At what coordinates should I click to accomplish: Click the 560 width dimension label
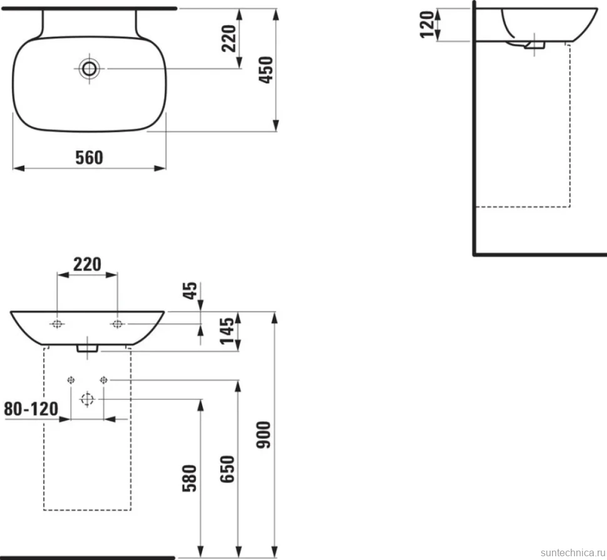click(x=89, y=158)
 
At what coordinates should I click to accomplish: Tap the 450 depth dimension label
click(x=266, y=70)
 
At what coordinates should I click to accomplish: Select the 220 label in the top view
click(x=229, y=38)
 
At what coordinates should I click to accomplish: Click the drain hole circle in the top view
click(x=89, y=69)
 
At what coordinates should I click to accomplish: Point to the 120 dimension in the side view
click(x=427, y=24)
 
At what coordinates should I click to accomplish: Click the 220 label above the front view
click(x=87, y=264)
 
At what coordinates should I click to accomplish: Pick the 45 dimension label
click(x=190, y=291)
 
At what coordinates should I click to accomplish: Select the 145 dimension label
click(x=227, y=331)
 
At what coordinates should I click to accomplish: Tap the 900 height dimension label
click(x=263, y=435)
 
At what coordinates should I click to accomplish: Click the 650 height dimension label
click(x=227, y=469)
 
